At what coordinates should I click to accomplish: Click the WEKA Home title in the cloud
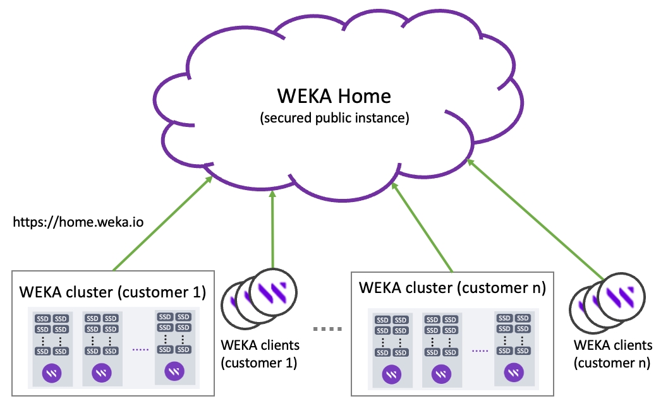(x=334, y=96)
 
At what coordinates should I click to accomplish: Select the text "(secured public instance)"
(x=334, y=118)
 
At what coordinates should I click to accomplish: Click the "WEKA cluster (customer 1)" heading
(x=113, y=292)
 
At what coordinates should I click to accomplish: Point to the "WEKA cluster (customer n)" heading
(x=452, y=288)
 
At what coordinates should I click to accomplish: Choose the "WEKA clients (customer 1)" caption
(x=260, y=354)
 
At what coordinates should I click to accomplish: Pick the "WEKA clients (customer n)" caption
(x=612, y=354)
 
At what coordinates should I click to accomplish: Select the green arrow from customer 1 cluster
(x=162, y=224)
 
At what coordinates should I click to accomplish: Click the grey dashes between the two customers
(x=327, y=329)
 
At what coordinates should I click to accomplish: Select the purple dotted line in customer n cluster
(x=480, y=351)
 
